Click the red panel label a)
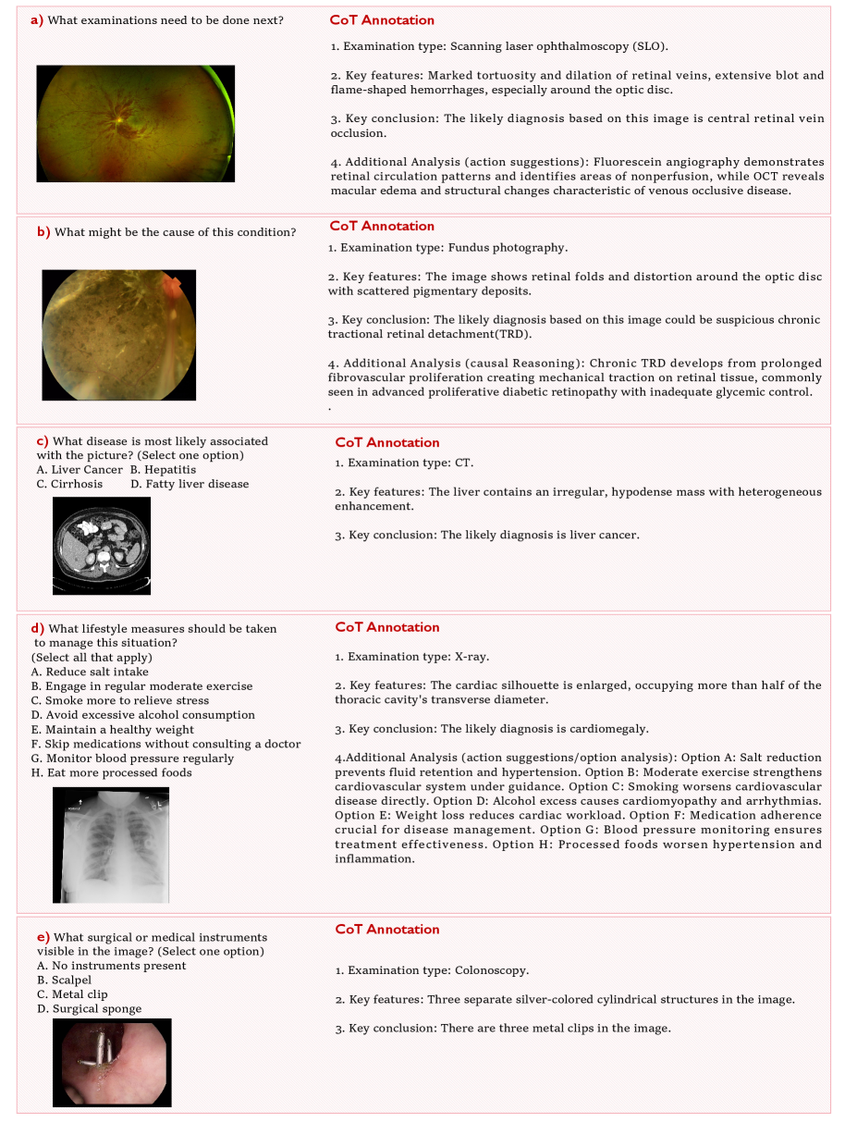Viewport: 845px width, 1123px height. [x=37, y=19]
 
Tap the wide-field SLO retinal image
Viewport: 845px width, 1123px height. [x=135, y=123]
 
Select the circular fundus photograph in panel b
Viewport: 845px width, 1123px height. [x=118, y=335]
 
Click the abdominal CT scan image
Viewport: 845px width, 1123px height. [x=102, y=545]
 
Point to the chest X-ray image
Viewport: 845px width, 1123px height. [x=111, y=844]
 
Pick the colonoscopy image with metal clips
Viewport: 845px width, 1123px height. [x=112, y=1062]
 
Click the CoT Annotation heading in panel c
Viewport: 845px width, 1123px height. [x=386, y=442]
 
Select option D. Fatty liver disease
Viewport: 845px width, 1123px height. [x=190, y=484]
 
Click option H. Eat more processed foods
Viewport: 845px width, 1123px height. [x=111, y=772]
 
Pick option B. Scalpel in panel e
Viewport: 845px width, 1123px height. [x=65, y=980]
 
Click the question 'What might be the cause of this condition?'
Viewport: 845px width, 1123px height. [x=176, y=232]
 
